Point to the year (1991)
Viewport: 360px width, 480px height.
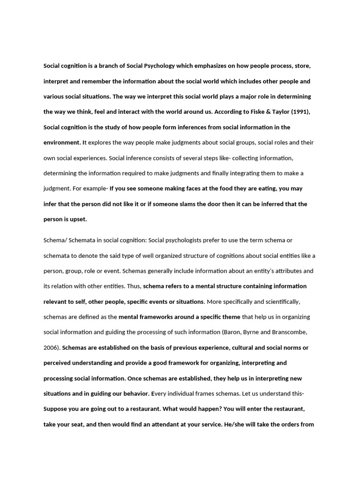(301, 112)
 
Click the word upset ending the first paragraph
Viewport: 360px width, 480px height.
(78, 219)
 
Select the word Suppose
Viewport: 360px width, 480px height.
(57, 409)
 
